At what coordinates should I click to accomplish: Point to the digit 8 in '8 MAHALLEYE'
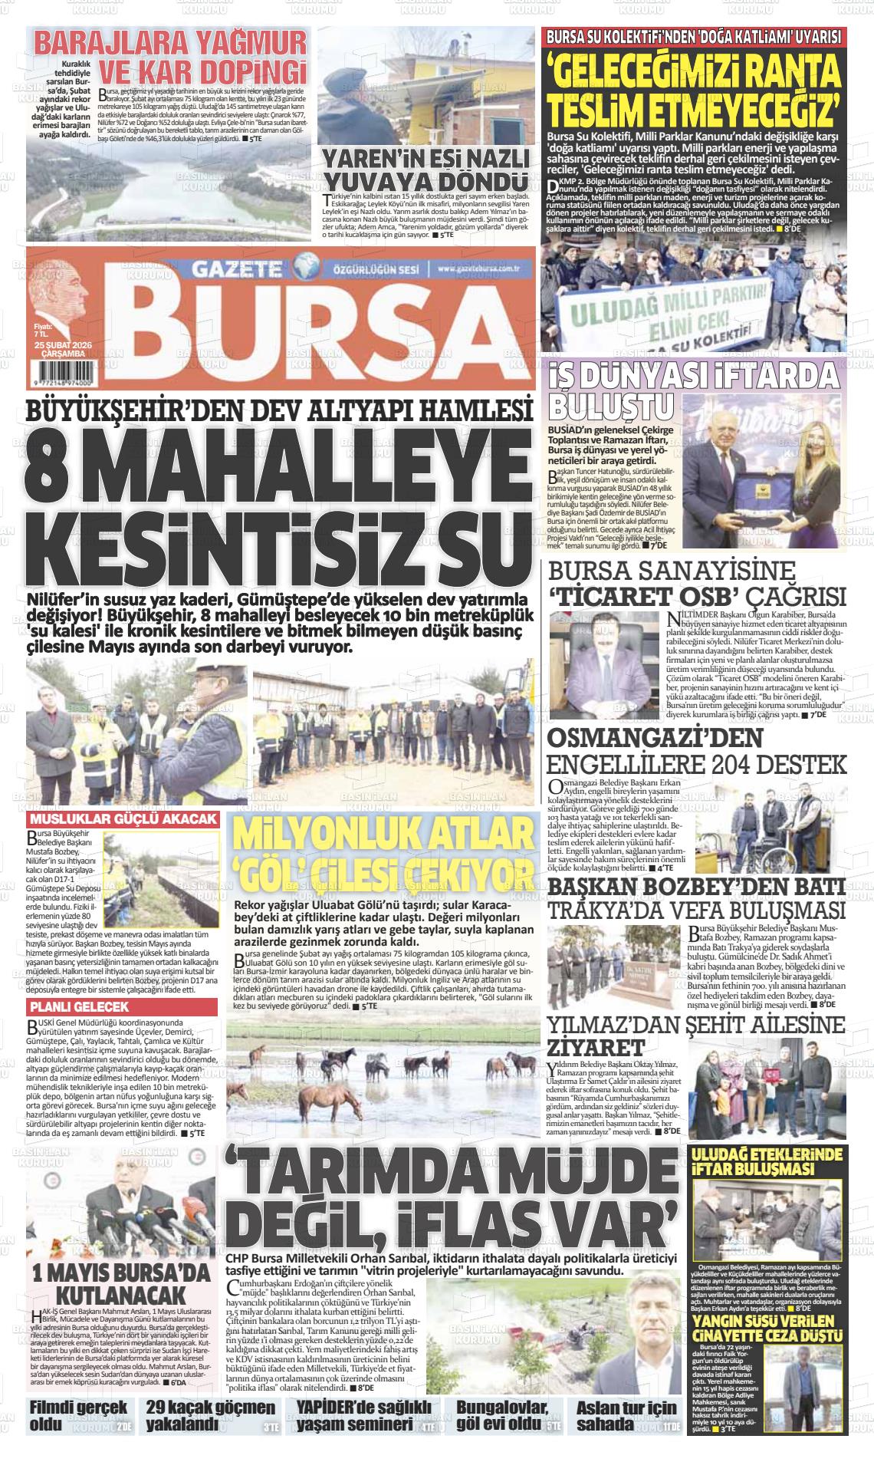[x=48, y=469]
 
